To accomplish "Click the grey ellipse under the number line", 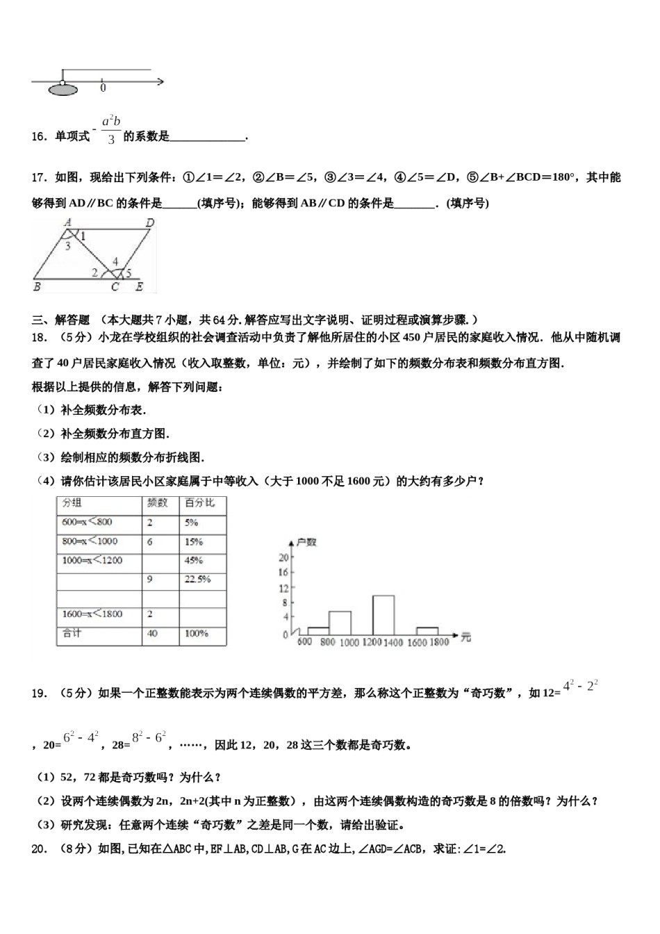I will tap(62, 89).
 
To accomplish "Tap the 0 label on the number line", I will tap(103, 88).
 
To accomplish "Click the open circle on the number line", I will tap(63, 83).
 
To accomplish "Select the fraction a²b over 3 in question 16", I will tap(111, 130).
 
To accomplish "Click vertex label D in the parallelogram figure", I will tap(149, 223).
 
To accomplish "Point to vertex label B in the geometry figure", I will tap(37, 286).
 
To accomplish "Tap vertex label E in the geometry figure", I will tap(139, 286).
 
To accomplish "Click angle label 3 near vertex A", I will tap(67, 245).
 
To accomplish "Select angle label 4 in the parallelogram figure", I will tap(115, 262).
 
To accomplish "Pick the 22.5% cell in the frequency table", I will tap(197, 579).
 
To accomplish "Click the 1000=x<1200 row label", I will tap(92, 560).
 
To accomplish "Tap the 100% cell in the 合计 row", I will tap(197, 633).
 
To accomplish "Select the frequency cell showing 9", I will tap(150, 579).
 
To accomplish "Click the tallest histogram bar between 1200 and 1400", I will tap(383, 615).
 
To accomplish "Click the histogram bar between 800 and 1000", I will tap(340, 623).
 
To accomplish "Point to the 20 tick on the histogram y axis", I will tap(283, 557).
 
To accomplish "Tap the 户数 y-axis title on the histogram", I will tap(306, 542).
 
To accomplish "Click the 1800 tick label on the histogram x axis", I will tap(438, 643).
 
